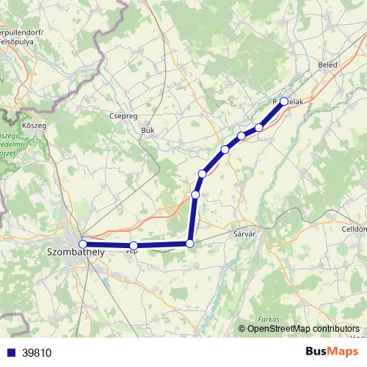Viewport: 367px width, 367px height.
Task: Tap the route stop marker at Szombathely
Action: pos(83,244)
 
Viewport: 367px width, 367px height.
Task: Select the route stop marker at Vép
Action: pos(134,246)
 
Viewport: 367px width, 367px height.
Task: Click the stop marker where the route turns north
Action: pos(190,243)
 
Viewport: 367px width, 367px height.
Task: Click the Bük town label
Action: pos(148,130)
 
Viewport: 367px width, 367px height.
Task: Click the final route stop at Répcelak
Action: pos(284,102)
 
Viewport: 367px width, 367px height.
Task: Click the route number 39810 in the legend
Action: pos(37,353)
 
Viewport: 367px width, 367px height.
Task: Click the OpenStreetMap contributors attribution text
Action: pos(303,329)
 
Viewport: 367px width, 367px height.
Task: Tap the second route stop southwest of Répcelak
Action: pos(241,136)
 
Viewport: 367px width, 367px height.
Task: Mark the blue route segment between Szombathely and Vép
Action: pos(108,245)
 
